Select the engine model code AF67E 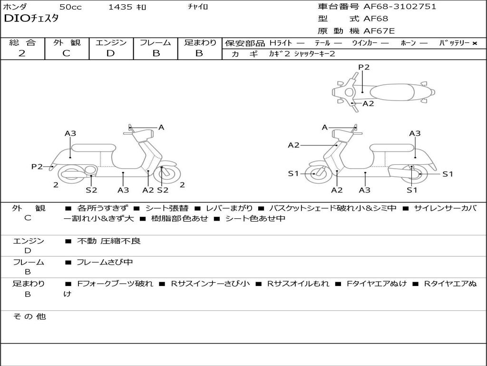379,31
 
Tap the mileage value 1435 121,7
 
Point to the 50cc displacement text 70,7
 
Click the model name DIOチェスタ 31,19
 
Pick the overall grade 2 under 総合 22,53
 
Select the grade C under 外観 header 66,53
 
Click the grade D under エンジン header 110,53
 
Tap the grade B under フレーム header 156,53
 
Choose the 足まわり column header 200,43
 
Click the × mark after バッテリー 474,43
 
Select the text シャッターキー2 314,54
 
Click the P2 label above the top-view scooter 364,67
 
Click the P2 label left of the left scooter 37,166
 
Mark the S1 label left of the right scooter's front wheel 293,173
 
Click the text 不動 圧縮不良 109,241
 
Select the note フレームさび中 105,262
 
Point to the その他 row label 29,316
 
